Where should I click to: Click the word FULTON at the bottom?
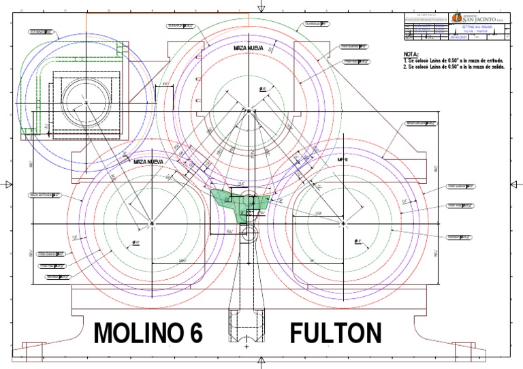335,334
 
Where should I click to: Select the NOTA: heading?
411,53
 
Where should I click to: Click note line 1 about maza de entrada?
453,61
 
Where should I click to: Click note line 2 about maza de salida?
453,67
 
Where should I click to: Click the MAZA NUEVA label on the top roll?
249,48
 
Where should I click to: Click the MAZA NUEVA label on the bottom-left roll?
149,162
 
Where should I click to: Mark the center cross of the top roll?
249,110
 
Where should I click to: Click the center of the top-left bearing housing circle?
87,102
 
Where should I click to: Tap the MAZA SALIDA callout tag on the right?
421,124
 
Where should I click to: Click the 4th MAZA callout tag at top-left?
41,31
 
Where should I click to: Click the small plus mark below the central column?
246,347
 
